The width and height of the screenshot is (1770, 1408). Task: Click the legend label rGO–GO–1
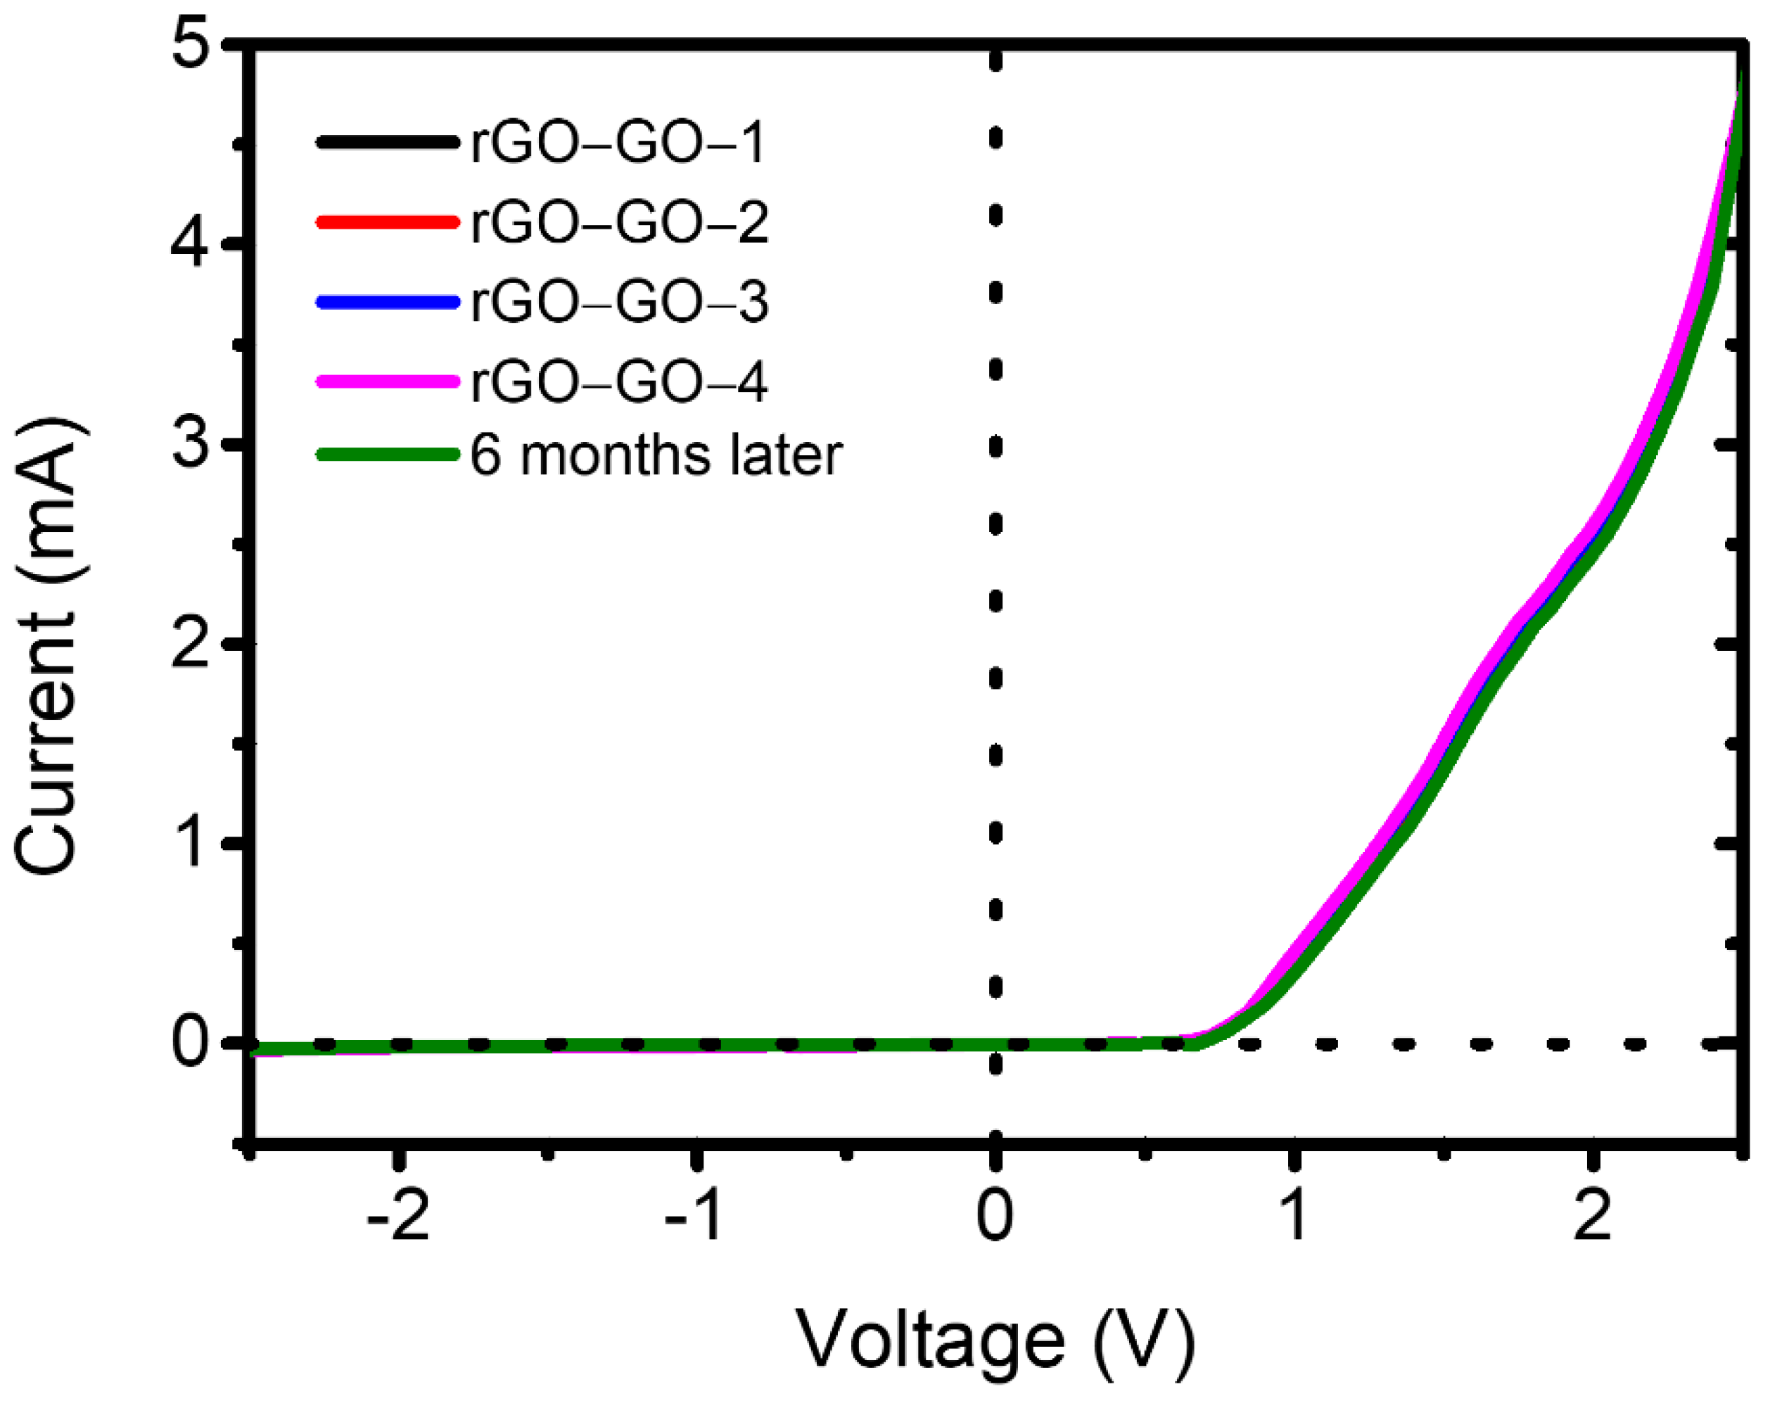point(618,143)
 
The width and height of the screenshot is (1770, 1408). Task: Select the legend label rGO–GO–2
point(620,222)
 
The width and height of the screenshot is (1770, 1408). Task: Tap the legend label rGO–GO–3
point(620,302)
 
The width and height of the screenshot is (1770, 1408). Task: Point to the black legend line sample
point(387,143)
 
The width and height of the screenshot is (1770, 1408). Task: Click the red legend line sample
point(387,222)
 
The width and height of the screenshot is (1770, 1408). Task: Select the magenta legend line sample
point(387,381)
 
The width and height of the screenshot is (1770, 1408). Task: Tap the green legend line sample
point(387,454)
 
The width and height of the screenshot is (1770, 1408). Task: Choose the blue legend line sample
point(387,302)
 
